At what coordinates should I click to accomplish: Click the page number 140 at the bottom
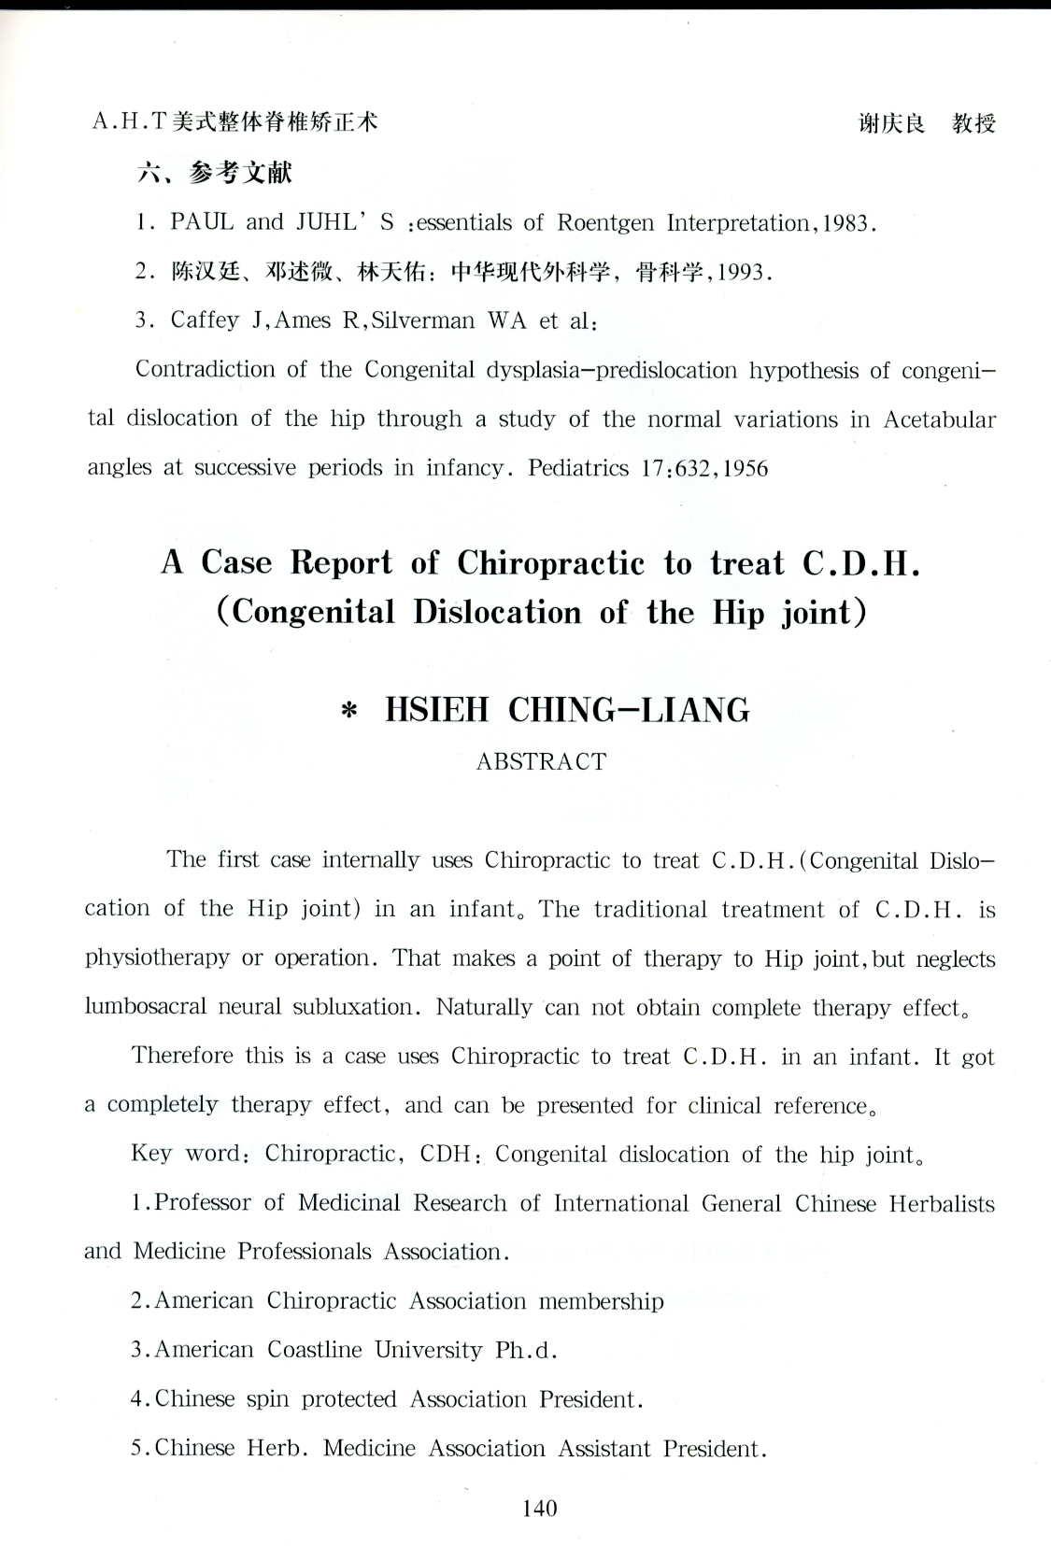point(540,1508)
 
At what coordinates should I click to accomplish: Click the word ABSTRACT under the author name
point(541,761)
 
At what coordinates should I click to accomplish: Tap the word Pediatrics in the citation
point(578,467)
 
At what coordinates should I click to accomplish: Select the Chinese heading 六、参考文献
point(215,172)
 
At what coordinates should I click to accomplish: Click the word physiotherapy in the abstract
point(157,959)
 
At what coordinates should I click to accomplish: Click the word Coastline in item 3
point(315,1350)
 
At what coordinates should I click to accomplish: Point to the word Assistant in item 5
point(604,1448)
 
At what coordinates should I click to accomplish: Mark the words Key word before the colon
point(187,1154)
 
